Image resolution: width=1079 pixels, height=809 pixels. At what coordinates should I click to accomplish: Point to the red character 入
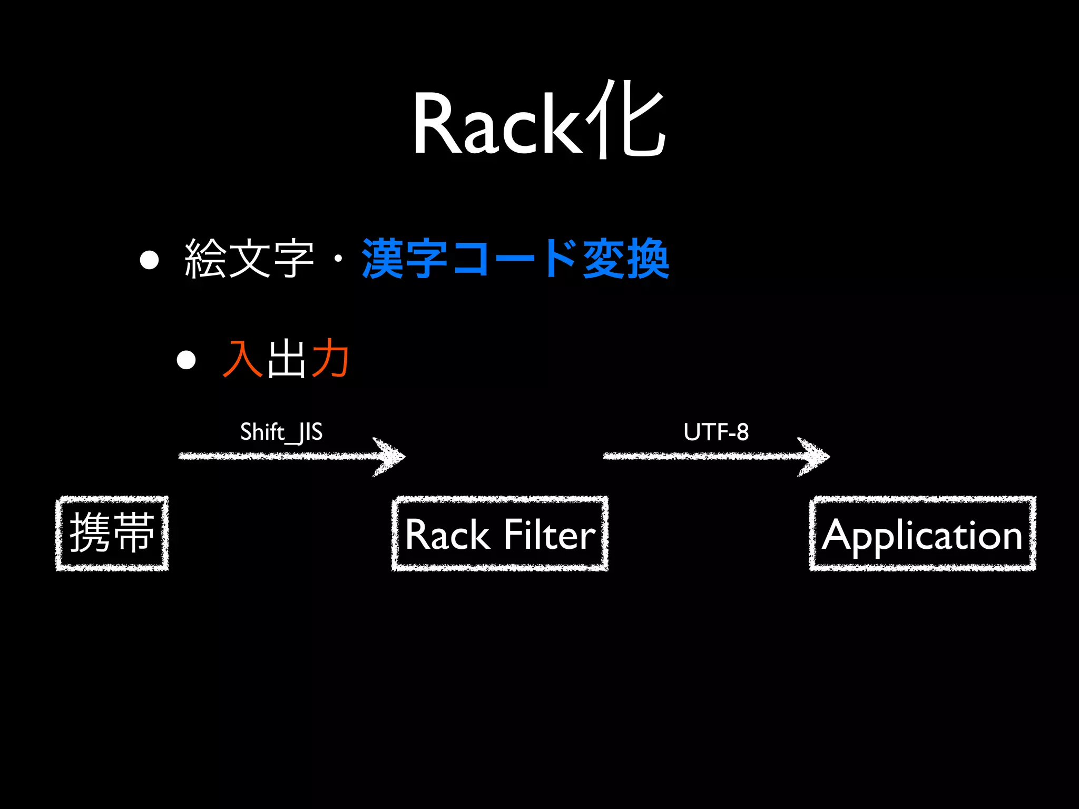243,359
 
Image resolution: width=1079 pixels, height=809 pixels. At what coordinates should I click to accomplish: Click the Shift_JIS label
281,432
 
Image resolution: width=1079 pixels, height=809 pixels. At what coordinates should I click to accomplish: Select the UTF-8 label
716,432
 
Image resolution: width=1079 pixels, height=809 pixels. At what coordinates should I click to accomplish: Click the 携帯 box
112,533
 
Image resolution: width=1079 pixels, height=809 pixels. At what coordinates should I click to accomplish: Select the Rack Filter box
500,534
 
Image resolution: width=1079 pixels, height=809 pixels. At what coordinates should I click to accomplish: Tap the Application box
923,534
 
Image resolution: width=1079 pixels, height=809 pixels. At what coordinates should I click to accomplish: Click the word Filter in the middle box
550,535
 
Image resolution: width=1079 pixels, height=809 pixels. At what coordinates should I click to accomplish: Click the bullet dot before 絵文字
150,260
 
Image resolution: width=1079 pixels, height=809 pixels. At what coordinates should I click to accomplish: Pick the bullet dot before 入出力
186,360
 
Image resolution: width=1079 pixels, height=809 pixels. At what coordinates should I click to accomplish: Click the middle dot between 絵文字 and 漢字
338,259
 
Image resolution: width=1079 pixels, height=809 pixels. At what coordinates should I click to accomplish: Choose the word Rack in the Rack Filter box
448,535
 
